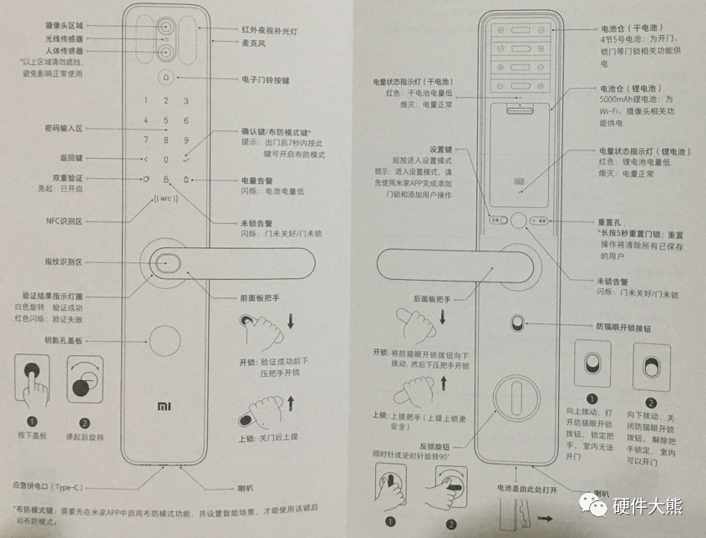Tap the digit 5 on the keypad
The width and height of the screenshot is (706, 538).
[165, 120]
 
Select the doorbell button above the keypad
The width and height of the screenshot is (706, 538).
[165, 79]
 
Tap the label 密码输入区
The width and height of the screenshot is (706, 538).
[63, 129]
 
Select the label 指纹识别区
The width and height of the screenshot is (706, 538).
[63, 261]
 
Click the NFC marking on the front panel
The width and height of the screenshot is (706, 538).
[165, 200]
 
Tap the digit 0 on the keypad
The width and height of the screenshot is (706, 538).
[165, 159]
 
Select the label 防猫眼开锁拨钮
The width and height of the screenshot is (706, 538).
[622, 327]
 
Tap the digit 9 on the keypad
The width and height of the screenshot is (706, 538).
[185, 140]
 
